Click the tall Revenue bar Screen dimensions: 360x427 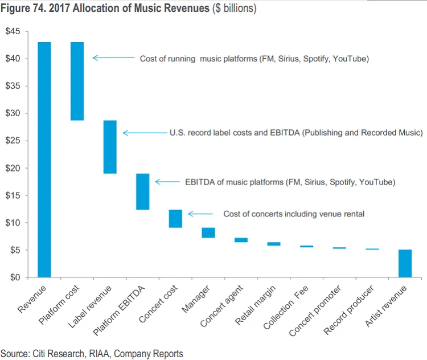[44, 159]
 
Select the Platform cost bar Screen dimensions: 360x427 [77, 81]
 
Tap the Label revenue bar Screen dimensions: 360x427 [110, 146]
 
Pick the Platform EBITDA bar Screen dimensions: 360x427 [143, 191]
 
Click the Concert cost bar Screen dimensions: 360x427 [175, 219]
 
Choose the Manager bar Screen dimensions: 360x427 [208, 232]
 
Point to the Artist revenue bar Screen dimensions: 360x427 [405, 263]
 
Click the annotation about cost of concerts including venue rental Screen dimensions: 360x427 [294, 214]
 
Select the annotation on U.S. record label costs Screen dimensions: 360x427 [295, 133]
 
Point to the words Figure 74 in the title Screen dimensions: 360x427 [22, 9]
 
